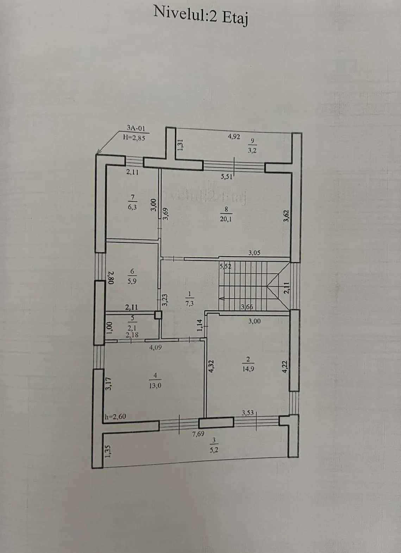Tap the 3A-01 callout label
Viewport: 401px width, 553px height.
[136, 128]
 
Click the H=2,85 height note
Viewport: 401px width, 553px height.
[134, 138]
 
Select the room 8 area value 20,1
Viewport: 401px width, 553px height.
[226, 219]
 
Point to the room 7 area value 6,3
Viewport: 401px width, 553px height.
[132, 207]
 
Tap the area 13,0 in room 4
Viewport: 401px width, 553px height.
[155, 385]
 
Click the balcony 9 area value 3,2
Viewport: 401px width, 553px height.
[252, 150]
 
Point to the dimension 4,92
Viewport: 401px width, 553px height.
[233, 137]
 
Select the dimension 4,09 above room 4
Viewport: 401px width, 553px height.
[155, 347]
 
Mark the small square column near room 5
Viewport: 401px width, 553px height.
[158, 315]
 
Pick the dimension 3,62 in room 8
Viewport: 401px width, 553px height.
[286, 216]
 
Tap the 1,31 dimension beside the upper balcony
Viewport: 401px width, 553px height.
[181, 144]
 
